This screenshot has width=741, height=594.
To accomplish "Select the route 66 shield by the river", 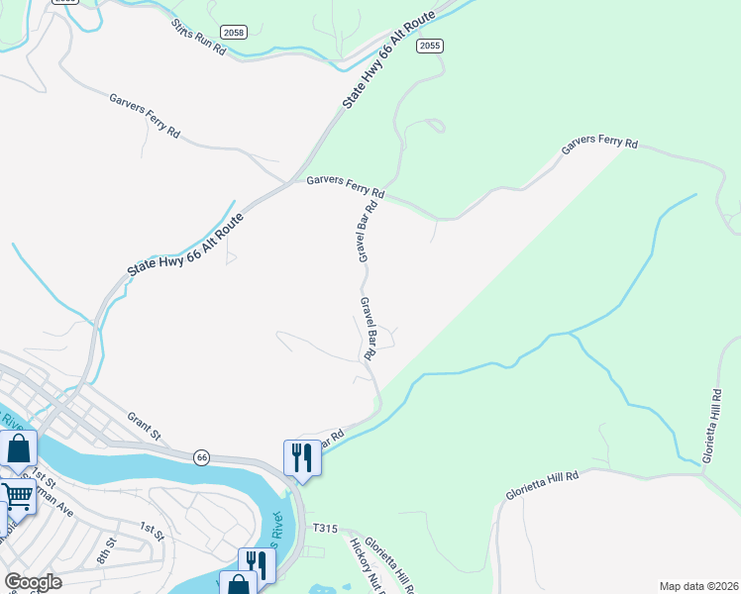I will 201,456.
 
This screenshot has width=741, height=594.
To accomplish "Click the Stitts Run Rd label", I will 198,38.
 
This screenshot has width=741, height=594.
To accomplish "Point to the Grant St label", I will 144,426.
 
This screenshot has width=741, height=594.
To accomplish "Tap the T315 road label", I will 325,529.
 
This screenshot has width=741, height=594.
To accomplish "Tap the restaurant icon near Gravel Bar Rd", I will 302,457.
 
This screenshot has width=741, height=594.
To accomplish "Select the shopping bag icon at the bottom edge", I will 238,584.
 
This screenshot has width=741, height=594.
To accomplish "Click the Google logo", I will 33,582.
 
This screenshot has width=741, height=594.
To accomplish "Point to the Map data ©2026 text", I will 697,585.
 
